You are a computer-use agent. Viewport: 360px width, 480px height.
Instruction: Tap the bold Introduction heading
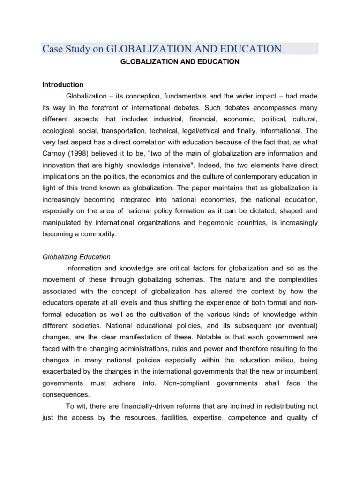(63, 85)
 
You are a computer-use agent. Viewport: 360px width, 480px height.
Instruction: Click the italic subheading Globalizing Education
(76, 256)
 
